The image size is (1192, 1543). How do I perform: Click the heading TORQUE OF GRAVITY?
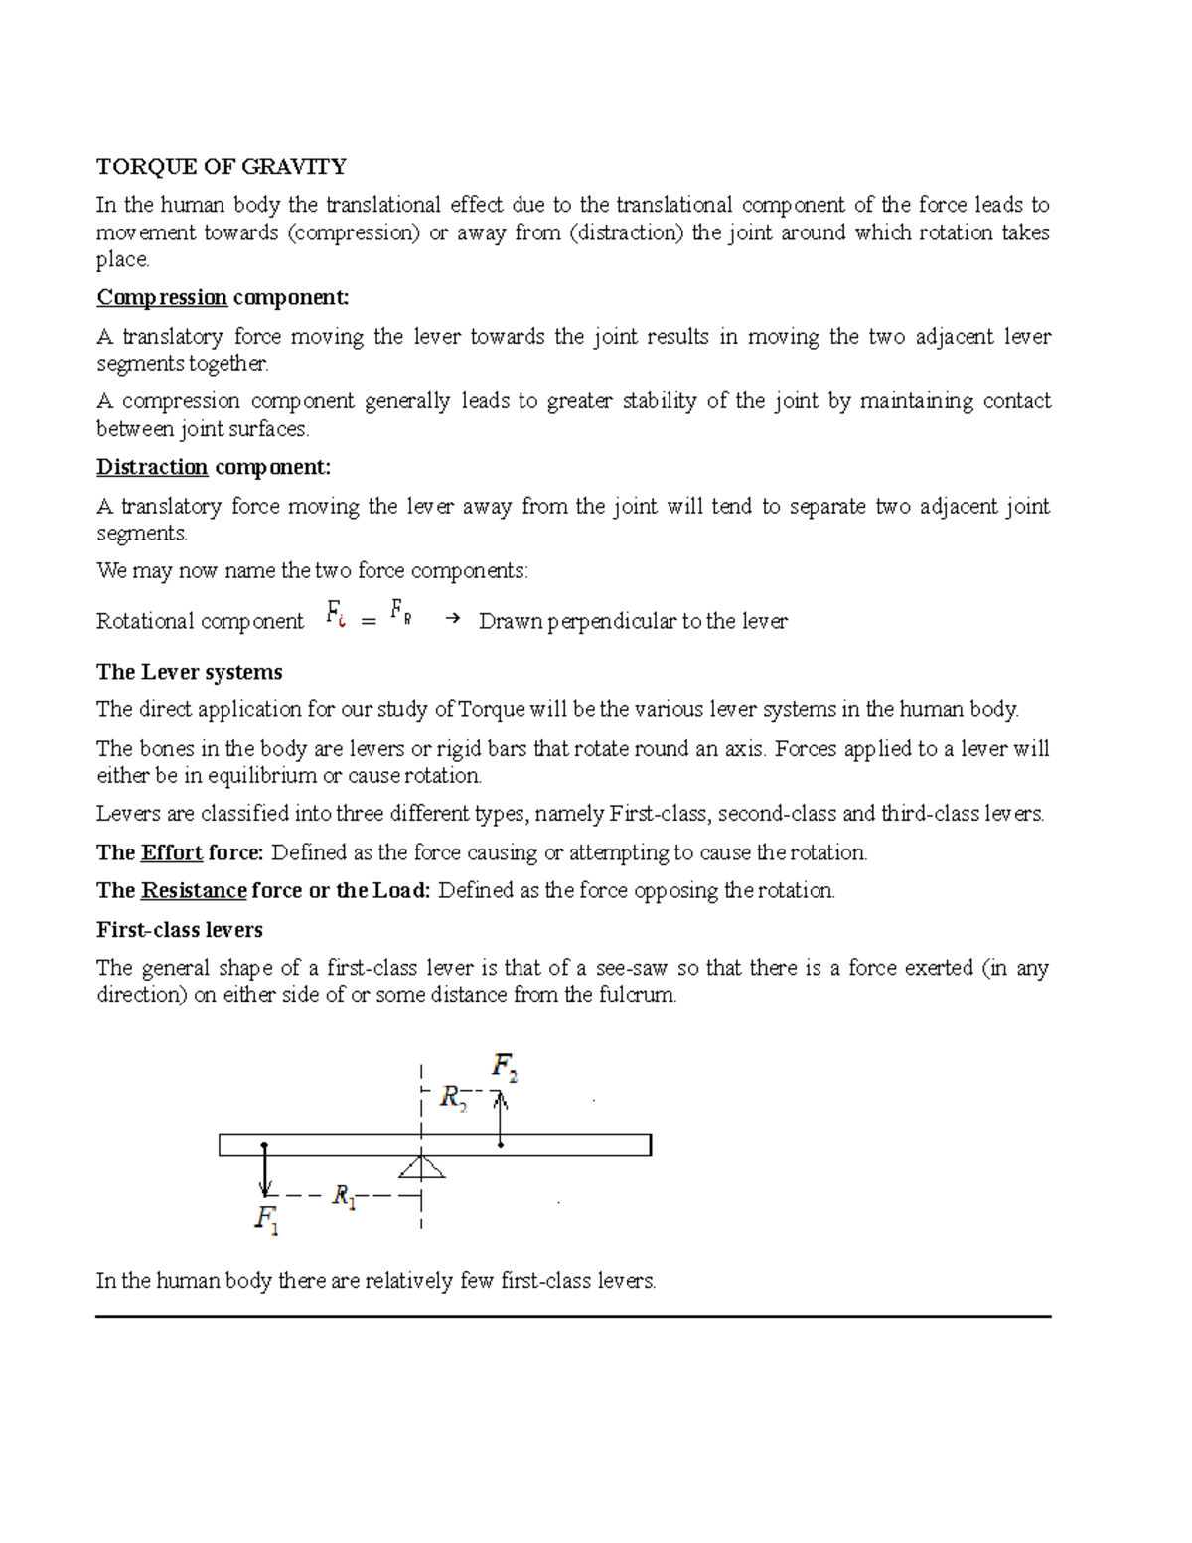point(221,166)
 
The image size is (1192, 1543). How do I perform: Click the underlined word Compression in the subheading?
point(162,297)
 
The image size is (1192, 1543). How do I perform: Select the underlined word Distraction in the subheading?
point(152,467)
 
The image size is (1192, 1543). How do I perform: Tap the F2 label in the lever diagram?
point(505,1068)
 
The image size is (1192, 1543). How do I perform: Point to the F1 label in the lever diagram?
point(266,1219)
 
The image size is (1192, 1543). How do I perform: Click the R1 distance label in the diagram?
point(344,1195)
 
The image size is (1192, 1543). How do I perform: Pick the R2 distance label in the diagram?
point(453,1098)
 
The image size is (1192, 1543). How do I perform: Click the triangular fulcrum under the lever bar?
point(422,1165)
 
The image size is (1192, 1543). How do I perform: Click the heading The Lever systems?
point(189,672)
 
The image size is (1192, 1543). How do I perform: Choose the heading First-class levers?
point(179,930)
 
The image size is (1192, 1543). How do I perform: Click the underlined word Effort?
point(172,852)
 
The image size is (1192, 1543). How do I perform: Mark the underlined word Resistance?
point(194,890)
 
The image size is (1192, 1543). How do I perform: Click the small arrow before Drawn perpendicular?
point(453,619)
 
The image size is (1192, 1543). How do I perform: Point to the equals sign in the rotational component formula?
point(369,621)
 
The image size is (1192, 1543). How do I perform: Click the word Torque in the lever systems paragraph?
point(493,709)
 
